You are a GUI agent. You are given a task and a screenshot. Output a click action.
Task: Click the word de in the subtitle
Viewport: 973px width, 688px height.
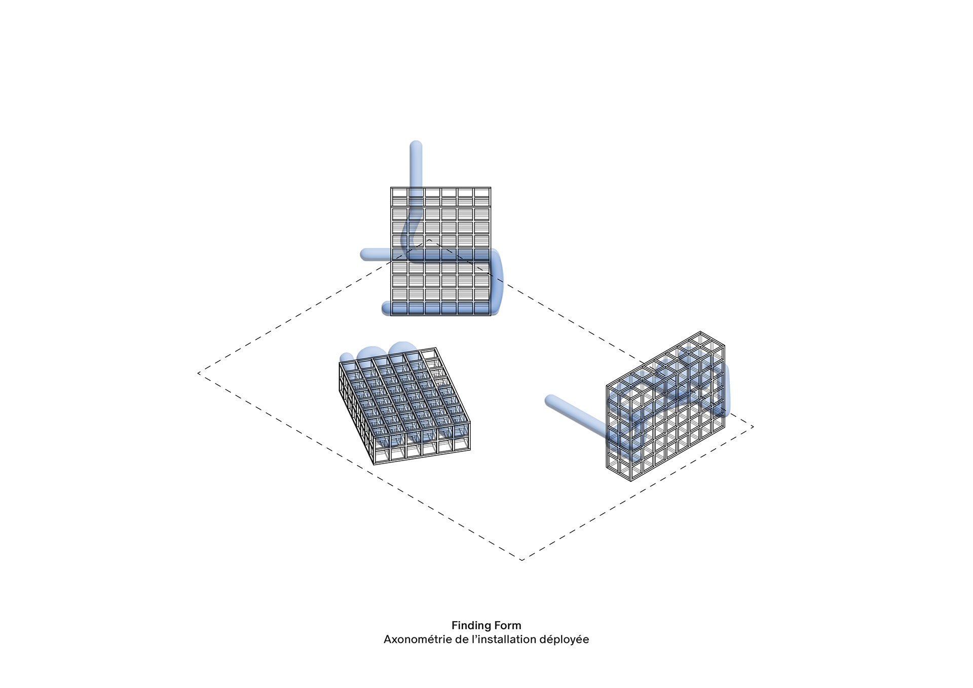pyautogui.click(x=462, y=639)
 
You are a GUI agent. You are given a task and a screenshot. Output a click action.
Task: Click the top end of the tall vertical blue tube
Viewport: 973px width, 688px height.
pyautogui.click(x=416, y=142)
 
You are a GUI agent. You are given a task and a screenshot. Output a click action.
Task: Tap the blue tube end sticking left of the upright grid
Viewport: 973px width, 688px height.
pyautogui.click(x=363, y=254)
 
